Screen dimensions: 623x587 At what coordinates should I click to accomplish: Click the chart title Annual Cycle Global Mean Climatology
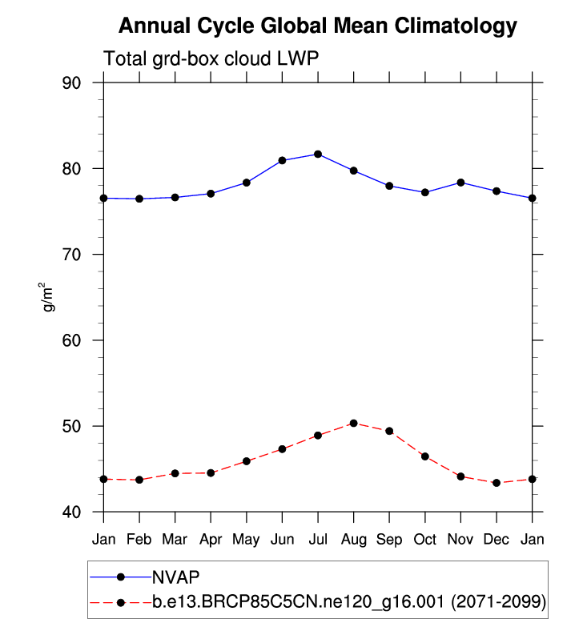tap(318, 26)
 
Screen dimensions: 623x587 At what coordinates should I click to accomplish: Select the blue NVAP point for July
tap(318, 154)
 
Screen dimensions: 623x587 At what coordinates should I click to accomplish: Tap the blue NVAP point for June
tap(282, 160)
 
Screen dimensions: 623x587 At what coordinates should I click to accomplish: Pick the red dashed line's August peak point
tap(353, 423)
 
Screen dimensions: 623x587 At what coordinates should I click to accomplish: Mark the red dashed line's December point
tap(497, 483)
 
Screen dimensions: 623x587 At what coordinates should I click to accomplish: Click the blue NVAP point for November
tap(460, 183)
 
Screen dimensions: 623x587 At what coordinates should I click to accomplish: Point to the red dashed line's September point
tap(389, 431)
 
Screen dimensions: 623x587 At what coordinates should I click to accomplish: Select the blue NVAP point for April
tap(211, 193)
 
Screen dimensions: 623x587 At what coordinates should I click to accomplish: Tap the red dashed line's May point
tap(247, 461)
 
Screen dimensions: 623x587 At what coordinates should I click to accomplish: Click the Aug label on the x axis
tap(353, 539)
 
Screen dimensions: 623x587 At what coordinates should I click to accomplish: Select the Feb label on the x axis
tap(139, 539)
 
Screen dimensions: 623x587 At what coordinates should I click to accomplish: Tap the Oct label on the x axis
tap(425, 539)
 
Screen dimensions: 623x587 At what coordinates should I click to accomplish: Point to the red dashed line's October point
tap(425, 456)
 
